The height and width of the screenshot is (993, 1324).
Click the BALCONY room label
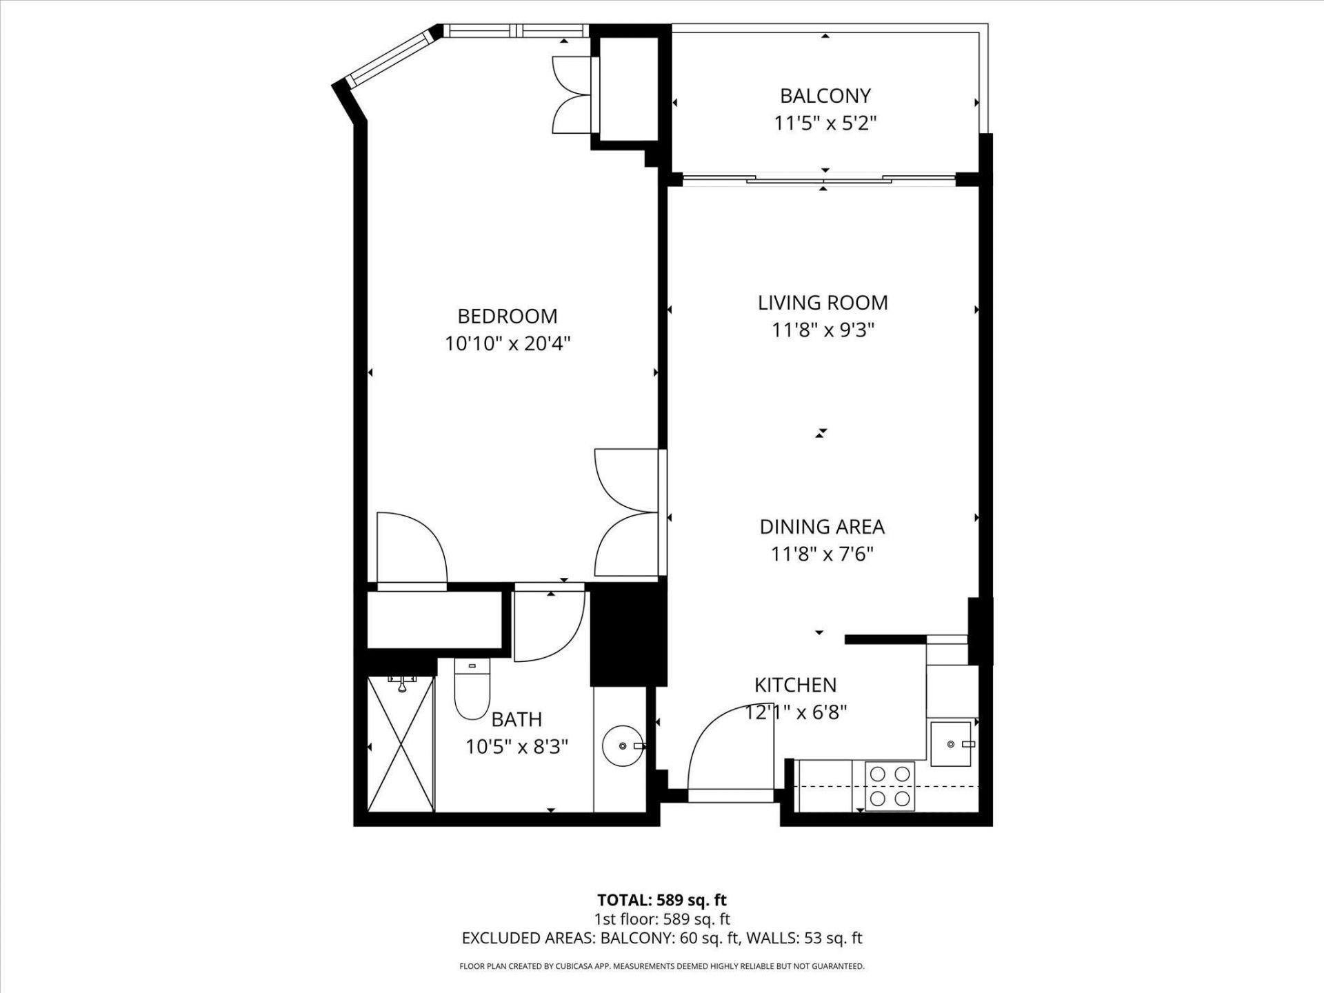(825, 95)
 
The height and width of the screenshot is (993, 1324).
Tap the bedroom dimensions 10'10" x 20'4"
(508, 343)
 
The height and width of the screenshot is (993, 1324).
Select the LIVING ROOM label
(823, 303)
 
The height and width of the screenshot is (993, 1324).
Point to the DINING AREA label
(822, 527)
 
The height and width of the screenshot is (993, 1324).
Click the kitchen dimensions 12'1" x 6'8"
(796, 712)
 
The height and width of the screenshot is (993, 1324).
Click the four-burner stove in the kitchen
(890, 786)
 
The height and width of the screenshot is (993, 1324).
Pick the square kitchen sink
(951, 744)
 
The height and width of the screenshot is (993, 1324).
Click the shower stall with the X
(401, 745)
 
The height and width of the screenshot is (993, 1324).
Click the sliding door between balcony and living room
(821, 180)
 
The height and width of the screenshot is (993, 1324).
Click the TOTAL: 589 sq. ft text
(661, 900)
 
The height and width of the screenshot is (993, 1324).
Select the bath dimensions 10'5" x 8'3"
(516, 747)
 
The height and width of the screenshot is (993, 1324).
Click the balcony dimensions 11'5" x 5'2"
(825, 123)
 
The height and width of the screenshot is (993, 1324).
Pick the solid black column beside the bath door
(628, 634)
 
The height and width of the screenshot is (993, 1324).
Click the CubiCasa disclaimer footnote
(661, 967)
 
